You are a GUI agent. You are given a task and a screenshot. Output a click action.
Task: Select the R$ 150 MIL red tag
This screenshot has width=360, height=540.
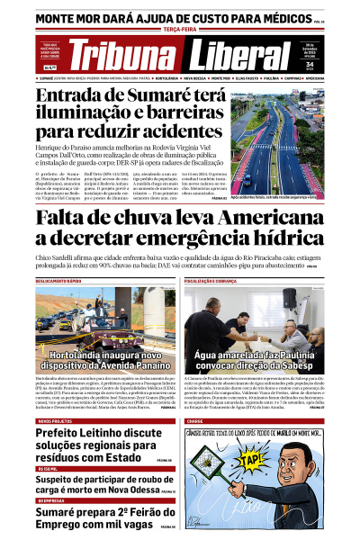(48, 469)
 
